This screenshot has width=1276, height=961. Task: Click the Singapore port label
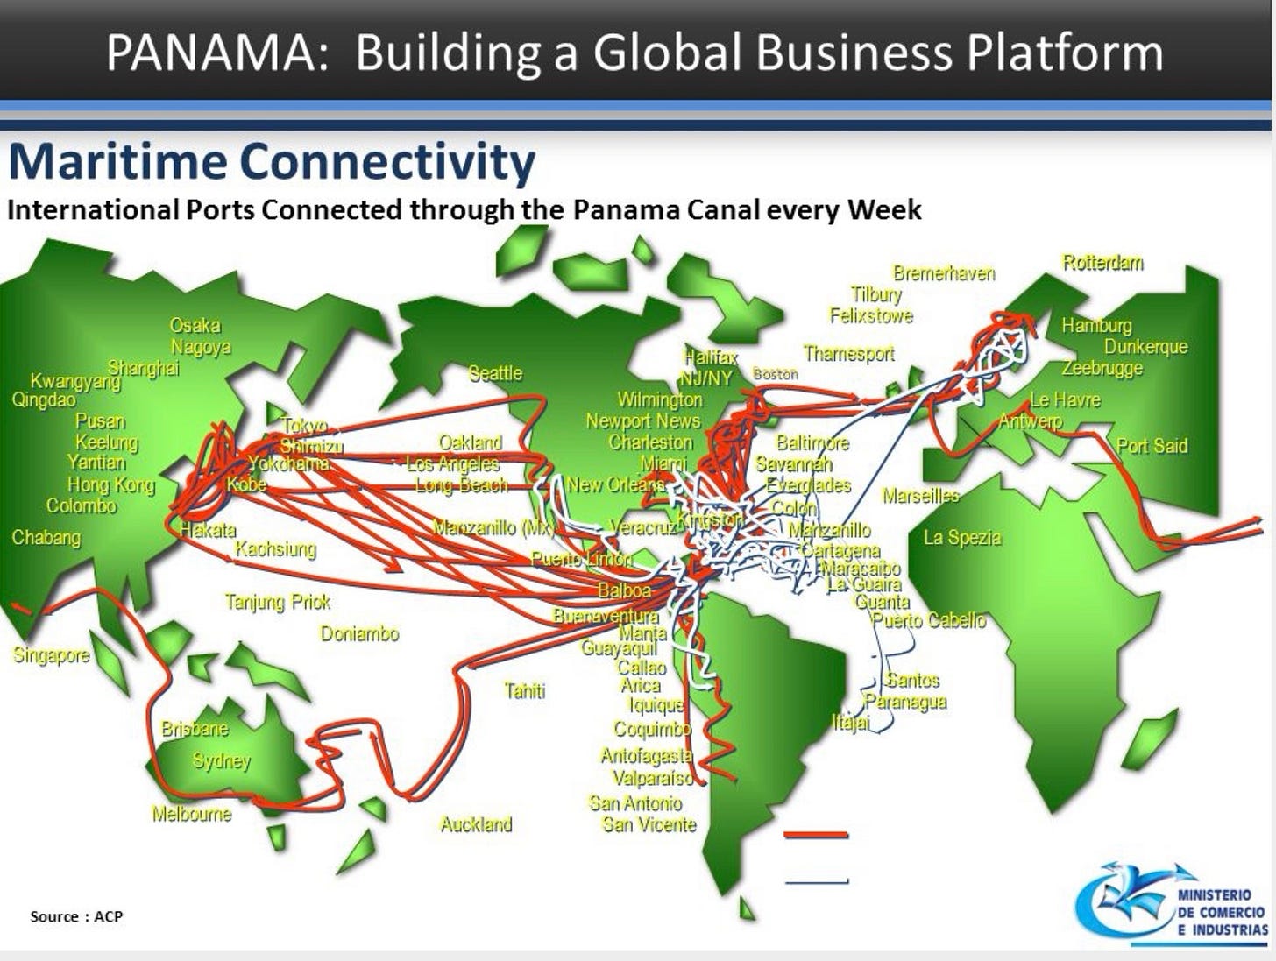tap(51, 655)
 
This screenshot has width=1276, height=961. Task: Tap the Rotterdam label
tap(1102, 263)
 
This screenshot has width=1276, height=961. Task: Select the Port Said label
tap(1152, 446)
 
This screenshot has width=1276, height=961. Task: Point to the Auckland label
tap(476, 824)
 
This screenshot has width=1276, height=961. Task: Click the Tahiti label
tap(524, 691)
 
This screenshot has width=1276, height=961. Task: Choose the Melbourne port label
tap(192, 814)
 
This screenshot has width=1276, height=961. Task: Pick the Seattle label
tap(495, 373)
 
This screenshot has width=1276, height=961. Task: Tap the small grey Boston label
tap(776, 374)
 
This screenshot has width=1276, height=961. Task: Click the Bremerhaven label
tap(944, 273)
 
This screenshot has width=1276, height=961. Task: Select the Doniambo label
tap(359, 633)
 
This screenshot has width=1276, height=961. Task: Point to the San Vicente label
tap(649, 824)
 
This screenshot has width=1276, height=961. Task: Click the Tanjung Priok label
tap(278, 602)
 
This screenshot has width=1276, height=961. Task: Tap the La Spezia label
tap(962, 538)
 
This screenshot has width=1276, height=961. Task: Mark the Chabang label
tap(46, 537)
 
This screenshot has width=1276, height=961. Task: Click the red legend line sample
tap(817, 835)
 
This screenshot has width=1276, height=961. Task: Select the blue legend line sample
tap(817, 881)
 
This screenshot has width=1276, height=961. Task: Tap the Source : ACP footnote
tap(76, 916)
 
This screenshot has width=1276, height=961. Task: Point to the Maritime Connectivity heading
tap(272, 163)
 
